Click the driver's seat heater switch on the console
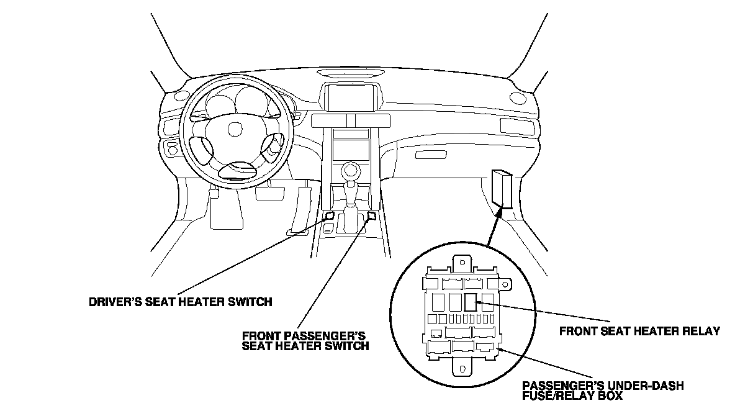(329, 217)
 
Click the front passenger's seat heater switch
(372, 216)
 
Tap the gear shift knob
(351, 169)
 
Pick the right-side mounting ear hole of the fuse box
(506, 287)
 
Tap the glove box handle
(427, 154)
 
